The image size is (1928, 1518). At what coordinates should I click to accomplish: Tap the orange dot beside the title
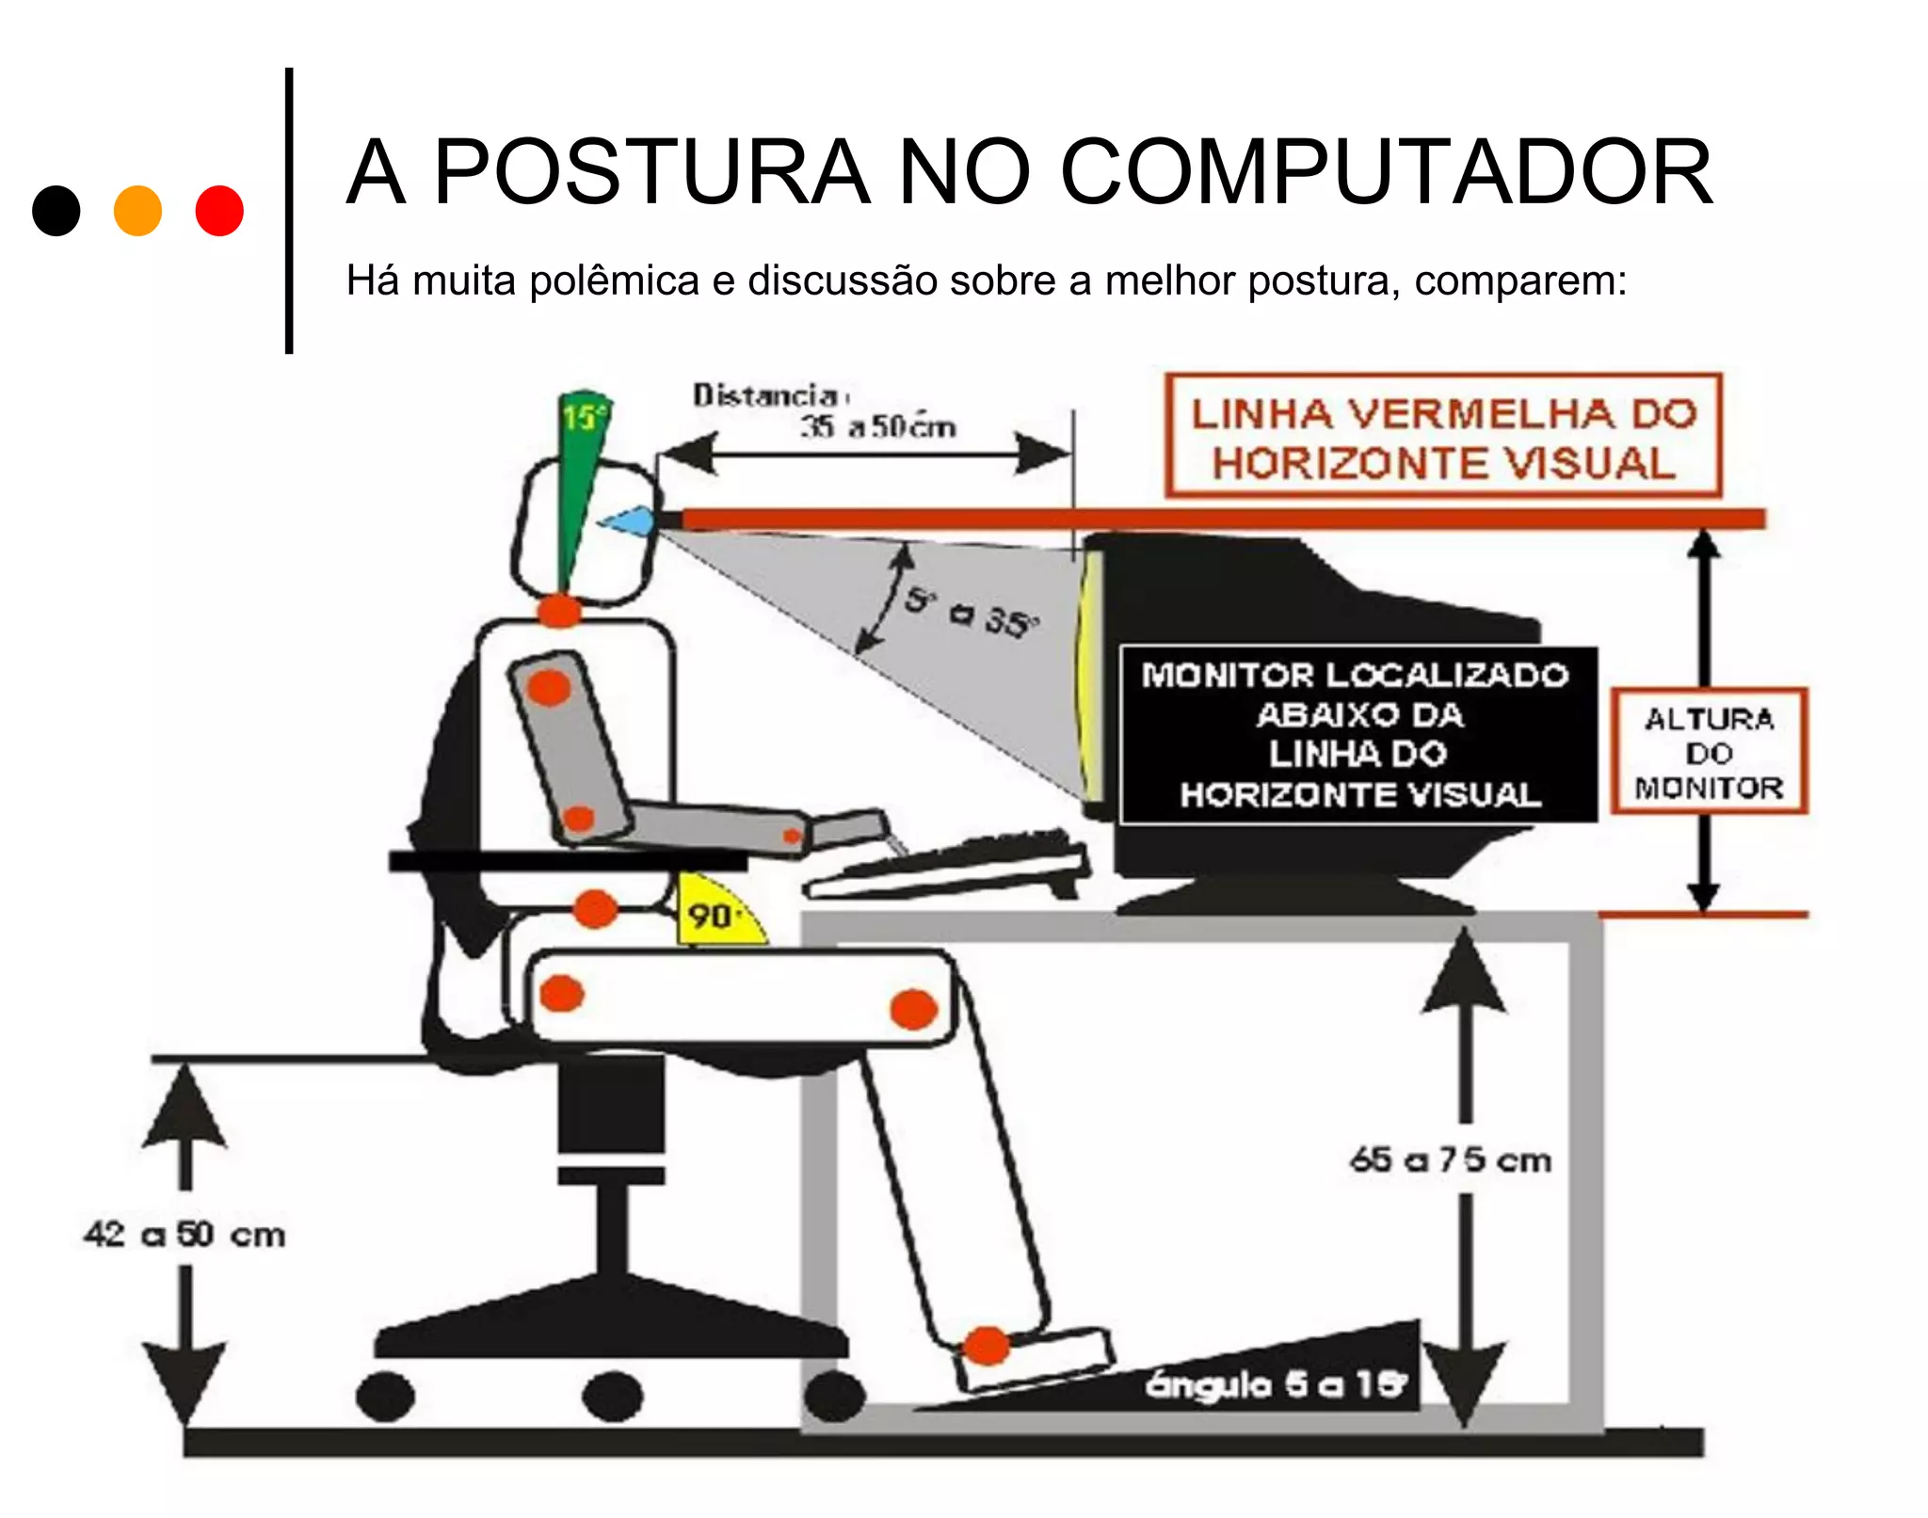(x=137, y=211)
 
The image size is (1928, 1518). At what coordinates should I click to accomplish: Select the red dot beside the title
(x=219, y=211)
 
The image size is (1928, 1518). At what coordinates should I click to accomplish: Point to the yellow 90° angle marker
(x=715, y=913)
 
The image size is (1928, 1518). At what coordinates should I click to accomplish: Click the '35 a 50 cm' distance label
(x=877, y=427)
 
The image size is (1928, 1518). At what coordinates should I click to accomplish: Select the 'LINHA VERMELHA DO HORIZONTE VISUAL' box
(x=1442, y=437)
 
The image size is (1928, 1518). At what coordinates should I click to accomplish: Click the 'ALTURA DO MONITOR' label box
(x=1709, y=752)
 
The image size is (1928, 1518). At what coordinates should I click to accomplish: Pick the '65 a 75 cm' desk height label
(x=1450, y=1160)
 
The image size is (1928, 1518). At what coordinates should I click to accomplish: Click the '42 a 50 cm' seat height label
(x=185, y=1234)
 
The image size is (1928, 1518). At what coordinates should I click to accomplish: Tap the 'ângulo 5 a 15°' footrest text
(x=1276, y=1384)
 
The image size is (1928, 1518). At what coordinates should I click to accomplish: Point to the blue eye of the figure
(x=629, y=520)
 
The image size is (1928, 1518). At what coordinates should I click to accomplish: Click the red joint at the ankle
(x=987, y=1346)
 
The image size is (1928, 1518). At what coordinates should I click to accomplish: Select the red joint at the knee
(x=913, y=1010)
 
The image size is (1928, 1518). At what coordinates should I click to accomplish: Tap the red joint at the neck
(x=559, y=610)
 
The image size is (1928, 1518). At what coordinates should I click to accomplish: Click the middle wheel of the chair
(x=612, y=1396)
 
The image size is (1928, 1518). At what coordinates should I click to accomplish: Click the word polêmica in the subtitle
(x=614, y=281)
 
